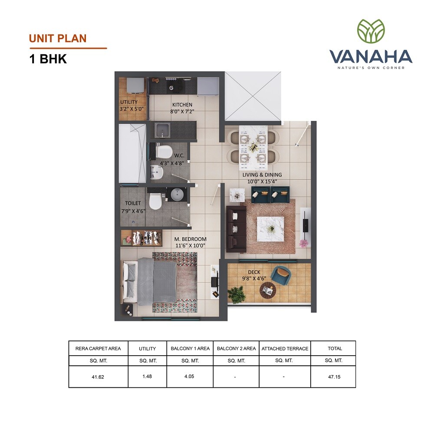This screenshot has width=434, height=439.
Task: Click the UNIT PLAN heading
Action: pos(58,38)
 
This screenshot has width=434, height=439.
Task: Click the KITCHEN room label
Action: pos(182,105)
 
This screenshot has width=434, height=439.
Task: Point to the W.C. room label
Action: pos(179,155)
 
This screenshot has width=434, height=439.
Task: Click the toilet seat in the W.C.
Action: pos(164,152)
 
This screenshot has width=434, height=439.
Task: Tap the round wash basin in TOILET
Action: pos(177,195)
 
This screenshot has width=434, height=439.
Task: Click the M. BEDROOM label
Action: pos(190,239)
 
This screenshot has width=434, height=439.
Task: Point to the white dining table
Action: pos(253,143)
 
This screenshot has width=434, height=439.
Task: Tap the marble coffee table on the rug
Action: pos(270,228)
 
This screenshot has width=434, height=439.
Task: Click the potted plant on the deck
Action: pos(237,294)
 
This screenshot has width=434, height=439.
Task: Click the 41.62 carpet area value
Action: pos(98,377)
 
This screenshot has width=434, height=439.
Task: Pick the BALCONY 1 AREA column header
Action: pos(190,348)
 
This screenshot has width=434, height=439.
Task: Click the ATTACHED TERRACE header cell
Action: pos(285,348)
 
